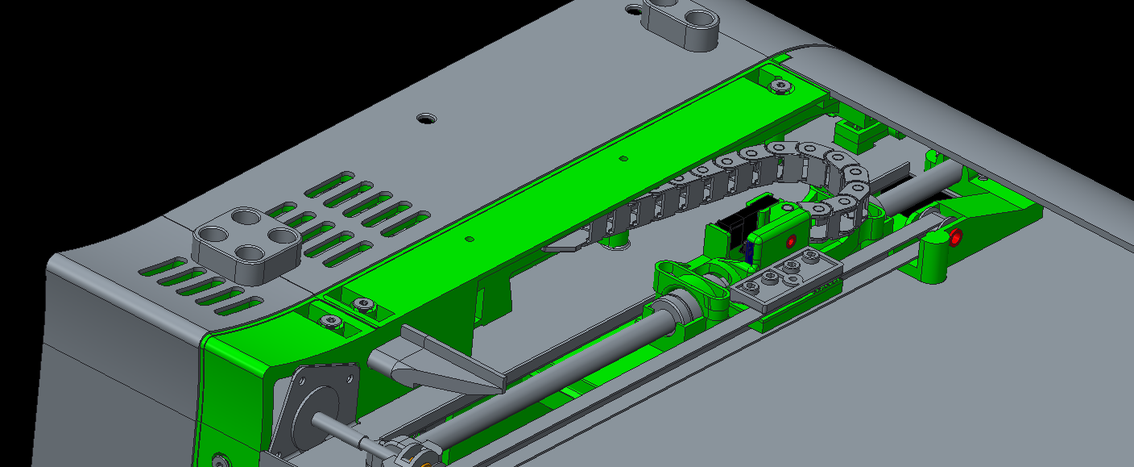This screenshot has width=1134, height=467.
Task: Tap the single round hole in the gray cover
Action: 424,118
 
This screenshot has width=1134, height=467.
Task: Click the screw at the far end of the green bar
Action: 779,85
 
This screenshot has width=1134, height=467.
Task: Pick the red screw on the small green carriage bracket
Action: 791,240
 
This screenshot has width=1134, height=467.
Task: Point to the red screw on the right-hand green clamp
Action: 955,237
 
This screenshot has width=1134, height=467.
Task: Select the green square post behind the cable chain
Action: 851,131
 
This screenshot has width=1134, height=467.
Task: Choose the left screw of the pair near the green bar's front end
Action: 332,321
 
